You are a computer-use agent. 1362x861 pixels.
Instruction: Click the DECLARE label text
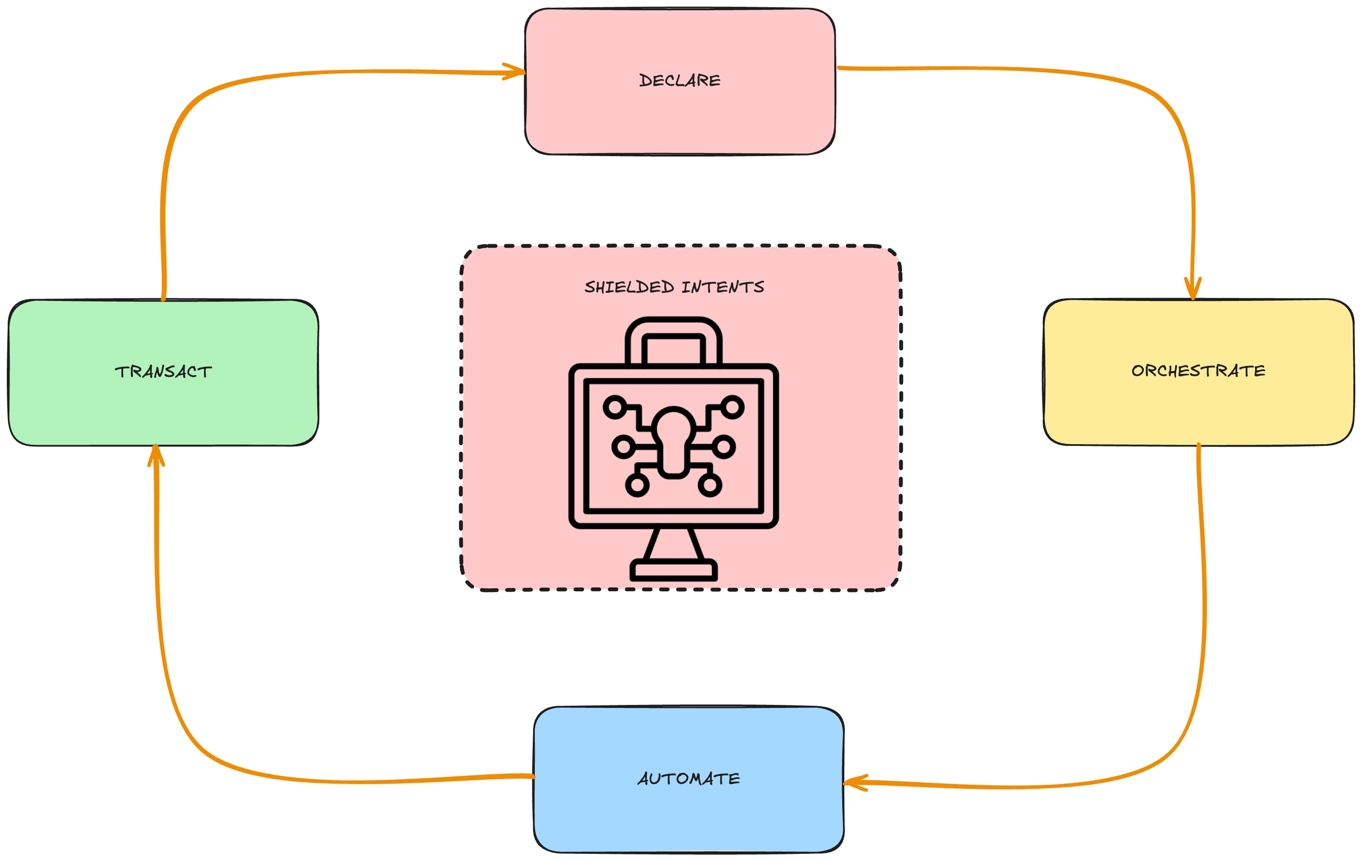tap(680, 80)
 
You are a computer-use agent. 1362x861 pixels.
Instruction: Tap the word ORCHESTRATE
tap(1198, 371)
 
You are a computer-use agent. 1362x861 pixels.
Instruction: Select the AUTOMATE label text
tap(689, 778)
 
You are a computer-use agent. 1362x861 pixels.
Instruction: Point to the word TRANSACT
tap(163, 372)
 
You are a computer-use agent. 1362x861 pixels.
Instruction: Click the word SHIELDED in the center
tap(629, 287)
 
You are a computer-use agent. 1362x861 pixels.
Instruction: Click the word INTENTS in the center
tap(722, 287)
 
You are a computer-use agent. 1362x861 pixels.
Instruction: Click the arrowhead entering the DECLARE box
tap(516, 72)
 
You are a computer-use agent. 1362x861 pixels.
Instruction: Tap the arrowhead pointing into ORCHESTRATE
tap(1193, 290)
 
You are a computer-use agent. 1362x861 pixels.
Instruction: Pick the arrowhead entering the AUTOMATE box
tap(854, 782)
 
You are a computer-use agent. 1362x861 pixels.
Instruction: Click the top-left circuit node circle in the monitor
tap(615, 407)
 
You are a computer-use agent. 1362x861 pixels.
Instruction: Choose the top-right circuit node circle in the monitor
tap(732, 407)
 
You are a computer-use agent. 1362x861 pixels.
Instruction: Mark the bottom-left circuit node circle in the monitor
tap(637, 485)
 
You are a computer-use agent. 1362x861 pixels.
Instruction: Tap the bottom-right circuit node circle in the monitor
tap(710, 485)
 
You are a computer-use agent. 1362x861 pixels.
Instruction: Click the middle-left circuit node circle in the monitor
tap(623, 446)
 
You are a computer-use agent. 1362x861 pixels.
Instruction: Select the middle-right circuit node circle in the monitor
tap(724, 446)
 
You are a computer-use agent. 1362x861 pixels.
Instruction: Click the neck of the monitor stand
tap(673, 543)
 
